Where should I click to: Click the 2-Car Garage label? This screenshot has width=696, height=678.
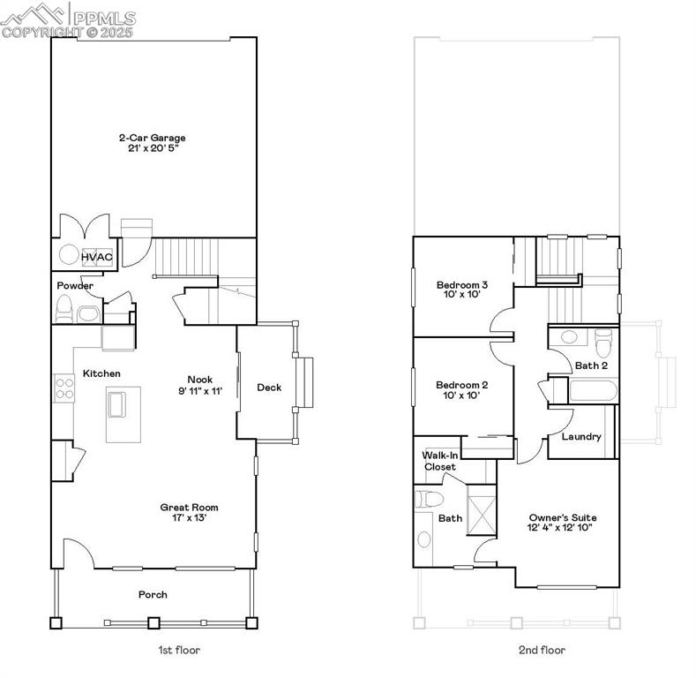(153, 138)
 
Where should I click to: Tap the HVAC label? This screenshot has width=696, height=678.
(97, 257)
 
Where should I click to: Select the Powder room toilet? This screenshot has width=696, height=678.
(64, 309)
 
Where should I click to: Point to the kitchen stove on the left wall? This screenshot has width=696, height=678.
(64, 388)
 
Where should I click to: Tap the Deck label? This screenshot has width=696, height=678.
(269, 388)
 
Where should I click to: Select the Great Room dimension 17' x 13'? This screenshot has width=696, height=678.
(189, 518)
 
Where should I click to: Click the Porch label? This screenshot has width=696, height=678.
(153, 594)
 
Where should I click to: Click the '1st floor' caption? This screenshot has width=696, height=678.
(179, 651)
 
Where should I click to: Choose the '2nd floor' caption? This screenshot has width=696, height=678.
(542, 651)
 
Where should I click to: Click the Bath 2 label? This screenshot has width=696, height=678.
(592, 365)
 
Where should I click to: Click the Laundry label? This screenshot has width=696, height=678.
(581, 436)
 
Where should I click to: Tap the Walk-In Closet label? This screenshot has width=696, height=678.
(438, 461)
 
